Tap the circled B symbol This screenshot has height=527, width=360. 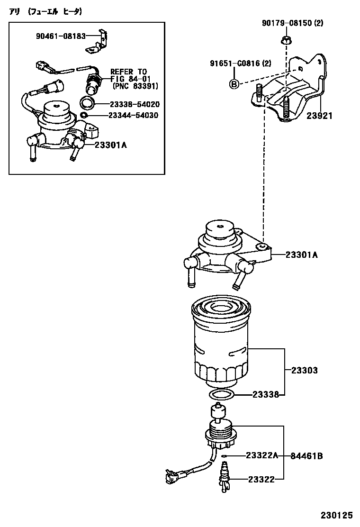234,84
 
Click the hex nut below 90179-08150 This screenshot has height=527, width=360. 286,40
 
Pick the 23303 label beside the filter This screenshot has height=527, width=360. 304,370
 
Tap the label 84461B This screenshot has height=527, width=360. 307,456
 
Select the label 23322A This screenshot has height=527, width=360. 262,456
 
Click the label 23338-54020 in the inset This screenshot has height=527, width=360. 135,104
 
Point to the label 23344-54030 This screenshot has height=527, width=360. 134,115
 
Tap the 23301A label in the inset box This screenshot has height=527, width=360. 110,145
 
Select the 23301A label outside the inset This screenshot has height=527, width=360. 301,255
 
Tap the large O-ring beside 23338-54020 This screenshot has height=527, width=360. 87,103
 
